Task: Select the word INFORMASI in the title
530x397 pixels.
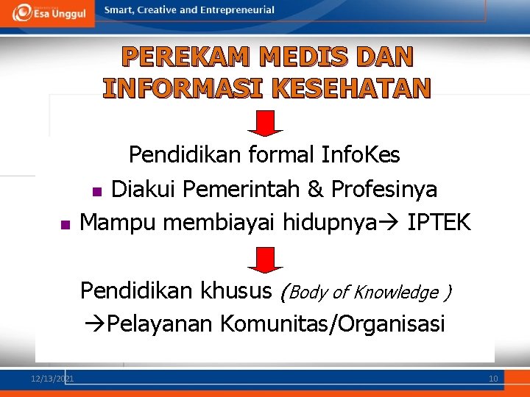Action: click(184, 88)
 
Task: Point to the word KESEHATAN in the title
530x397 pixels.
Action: click(351, 88)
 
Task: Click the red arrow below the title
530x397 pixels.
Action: click(265, 123)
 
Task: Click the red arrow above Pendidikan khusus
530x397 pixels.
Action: click(265, 259)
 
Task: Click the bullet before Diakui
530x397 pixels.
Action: click(96, 192)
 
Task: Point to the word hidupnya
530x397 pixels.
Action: click(325, 221)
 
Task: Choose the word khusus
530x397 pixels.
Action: click(239, 291)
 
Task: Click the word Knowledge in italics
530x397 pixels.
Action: click(396, 293)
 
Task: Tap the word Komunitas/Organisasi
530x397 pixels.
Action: click(332, 323)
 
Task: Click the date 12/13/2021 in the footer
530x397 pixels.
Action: click(52, 379)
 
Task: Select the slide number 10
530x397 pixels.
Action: click(493, 379)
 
